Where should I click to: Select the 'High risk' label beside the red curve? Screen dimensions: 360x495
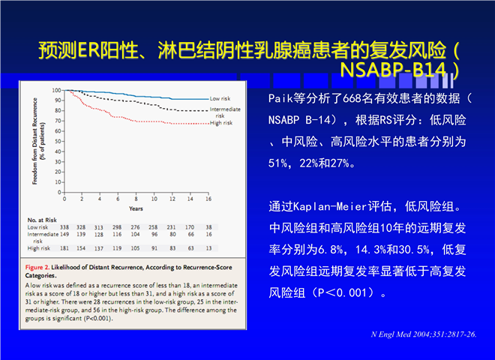pyautogui.click(x=220, y=123)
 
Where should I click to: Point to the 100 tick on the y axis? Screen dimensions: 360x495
pyautogui.click(x=57, y=91)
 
